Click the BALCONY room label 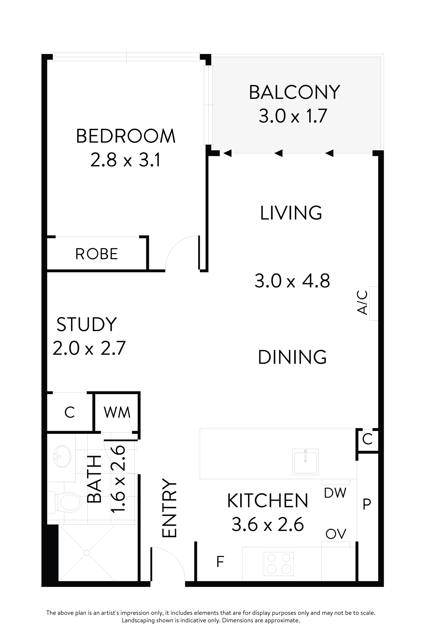(294, 93)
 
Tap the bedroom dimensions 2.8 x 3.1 (125, 160)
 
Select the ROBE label (96, 254)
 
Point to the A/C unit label (362, 302)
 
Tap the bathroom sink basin (62, 456)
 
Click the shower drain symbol (87, 553)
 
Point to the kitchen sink (305, 462)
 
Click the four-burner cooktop (279, 564)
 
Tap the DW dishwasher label (335, 493)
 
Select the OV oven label (336, 534)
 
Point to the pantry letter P (367, 504)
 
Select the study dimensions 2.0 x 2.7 (89, 348)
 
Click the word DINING (292, 357)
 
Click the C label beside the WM (70, 413)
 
